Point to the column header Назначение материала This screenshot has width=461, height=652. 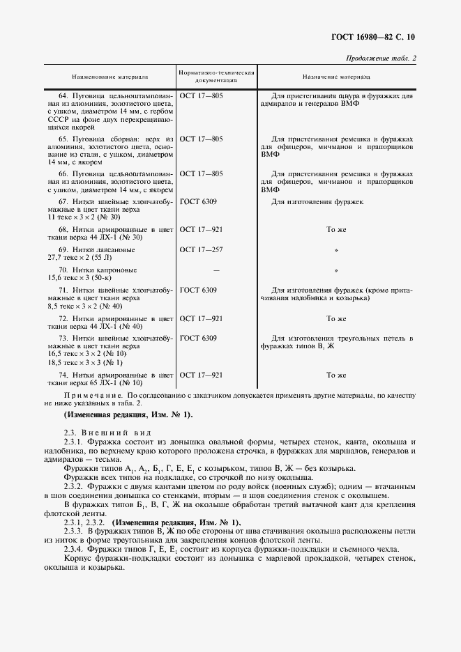tap(336, 77)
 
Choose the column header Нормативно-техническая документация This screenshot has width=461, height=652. tap(216, 77)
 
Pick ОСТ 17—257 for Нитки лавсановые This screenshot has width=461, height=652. tap(201, 249)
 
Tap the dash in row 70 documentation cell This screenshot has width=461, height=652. tap(216, 269)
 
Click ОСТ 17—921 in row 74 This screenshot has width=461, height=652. tap(201, 375)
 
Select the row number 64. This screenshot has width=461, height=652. tap(62, 95)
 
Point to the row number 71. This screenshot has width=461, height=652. tap(62, 290)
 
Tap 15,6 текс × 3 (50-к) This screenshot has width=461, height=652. tap(82, 277)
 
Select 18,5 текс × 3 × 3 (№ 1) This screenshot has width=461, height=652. tap(84, 363)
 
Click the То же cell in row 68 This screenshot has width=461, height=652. tap(335, 228)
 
